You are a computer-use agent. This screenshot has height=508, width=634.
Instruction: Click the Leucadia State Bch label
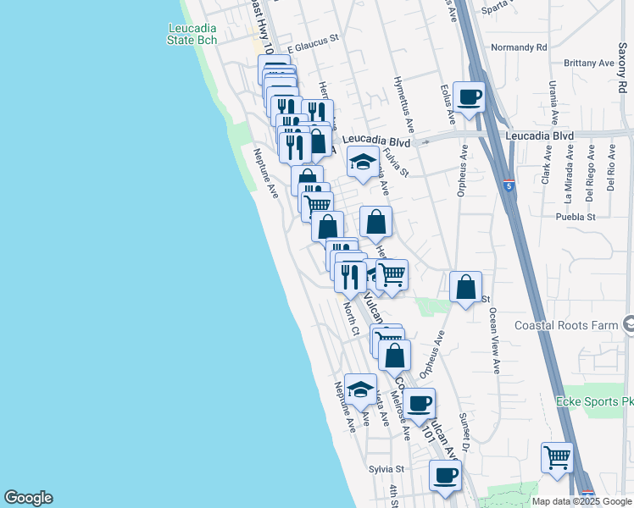[x=192, y=33]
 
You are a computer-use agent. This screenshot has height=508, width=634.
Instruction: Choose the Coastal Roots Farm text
[x=577, y=325]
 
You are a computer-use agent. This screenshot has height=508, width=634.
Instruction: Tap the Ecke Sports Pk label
[x=593, y=401]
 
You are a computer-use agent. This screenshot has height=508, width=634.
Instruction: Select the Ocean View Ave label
[x=493, y=340]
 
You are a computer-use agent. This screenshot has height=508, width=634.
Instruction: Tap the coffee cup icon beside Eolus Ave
[x=468, y=97]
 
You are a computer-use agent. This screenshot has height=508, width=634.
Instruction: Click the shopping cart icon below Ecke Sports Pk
[x=557, y=457]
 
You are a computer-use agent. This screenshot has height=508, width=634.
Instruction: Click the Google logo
[x=28, y=498]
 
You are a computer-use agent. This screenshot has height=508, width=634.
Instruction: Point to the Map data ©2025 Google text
[x=581, y=501]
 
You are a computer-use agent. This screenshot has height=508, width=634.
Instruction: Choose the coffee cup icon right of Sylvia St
[x=445, y=475]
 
